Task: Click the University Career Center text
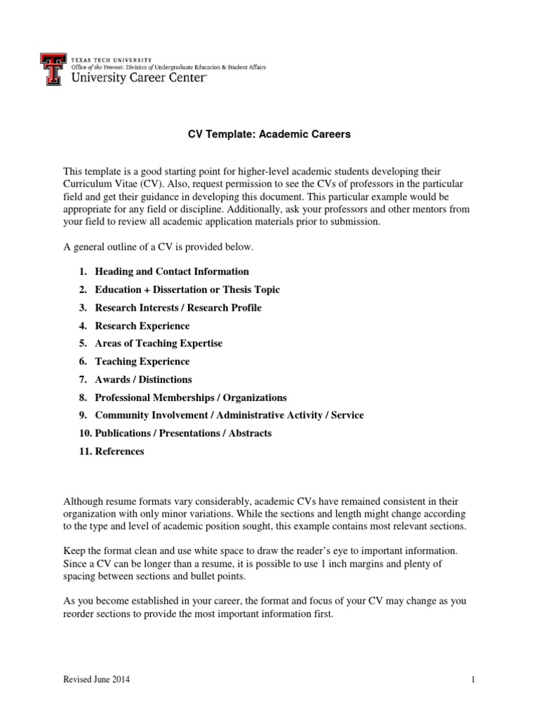(140, 79)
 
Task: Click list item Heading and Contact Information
(172, 271)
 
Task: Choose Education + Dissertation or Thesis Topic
(187, 290)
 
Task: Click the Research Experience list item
(142, 326)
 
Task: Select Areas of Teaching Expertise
(159, 344)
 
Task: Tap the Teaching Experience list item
(142, 362)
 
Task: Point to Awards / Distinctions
(143, 379)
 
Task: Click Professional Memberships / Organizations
(191, 398)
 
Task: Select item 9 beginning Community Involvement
(229, 415)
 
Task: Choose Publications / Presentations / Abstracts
(183, 433)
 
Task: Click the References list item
(119, 452)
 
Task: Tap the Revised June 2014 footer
(97, 679)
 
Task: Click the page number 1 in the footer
(474, 679)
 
